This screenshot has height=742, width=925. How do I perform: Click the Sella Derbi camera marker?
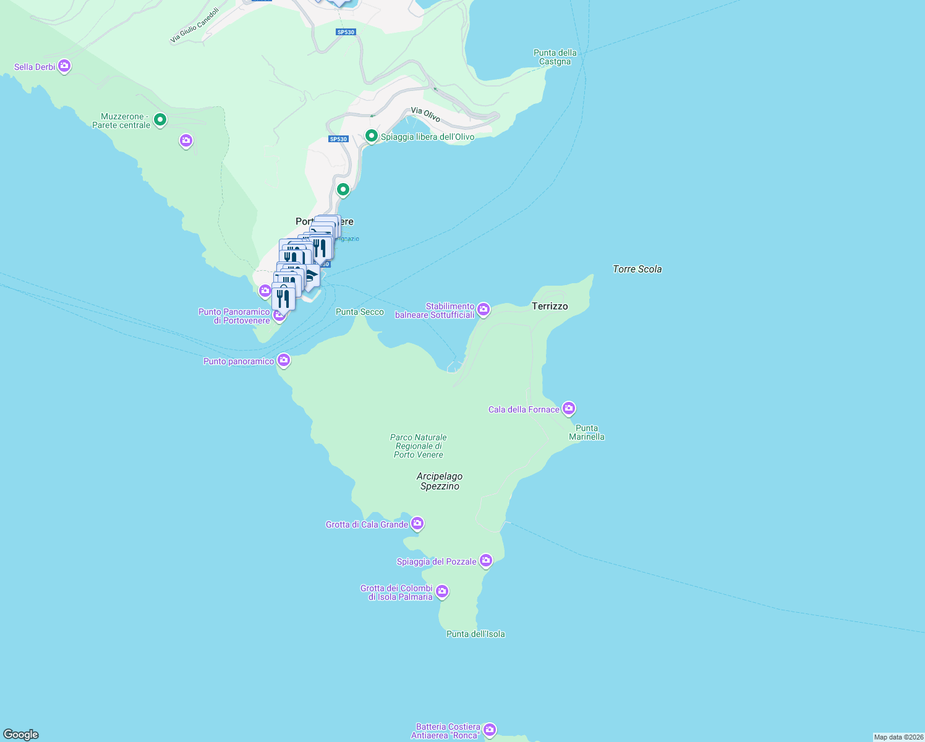[64, 66]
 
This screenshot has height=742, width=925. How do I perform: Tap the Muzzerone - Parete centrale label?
[121, 121]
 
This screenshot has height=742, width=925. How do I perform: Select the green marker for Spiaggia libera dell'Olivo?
[371, 136]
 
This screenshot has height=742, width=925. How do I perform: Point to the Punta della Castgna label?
[555, 57]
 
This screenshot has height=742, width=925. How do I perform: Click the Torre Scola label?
[637, 269]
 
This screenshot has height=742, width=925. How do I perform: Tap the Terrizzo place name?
[550, 306]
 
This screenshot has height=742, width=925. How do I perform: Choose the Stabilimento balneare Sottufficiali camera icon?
[484, 309]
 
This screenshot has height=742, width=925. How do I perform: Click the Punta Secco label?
[359, 312]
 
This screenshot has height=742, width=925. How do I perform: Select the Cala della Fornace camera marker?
[569, 408]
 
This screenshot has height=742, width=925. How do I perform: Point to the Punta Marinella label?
[586, 432]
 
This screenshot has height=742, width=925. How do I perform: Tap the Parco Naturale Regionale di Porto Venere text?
[419, 446]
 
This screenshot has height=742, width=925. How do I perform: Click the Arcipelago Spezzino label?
[440, 481]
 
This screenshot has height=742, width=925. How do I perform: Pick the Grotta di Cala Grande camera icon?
[417, 524]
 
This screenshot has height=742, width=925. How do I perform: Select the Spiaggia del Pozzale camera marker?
[486, 560]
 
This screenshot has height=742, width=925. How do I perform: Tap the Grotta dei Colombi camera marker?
[441, 591]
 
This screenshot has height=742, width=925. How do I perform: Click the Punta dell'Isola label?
[475, 634]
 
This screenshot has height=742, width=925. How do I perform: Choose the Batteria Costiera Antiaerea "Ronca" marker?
[489, 730]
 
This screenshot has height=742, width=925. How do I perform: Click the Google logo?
[21, 735]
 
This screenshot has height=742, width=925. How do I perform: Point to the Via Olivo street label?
[425, 114]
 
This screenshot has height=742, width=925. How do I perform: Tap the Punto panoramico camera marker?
[283, 360]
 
